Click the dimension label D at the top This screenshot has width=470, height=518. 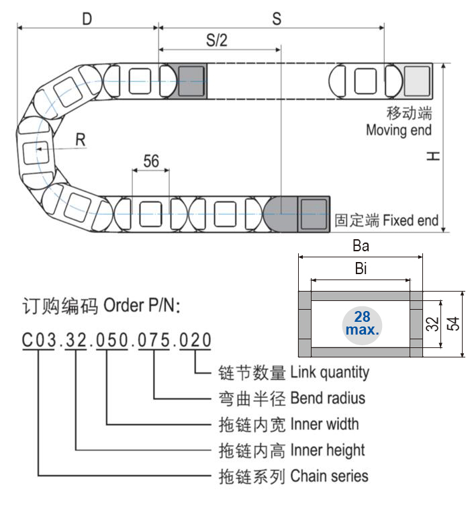coord(87,19)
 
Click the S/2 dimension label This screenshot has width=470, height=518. coord(216,40)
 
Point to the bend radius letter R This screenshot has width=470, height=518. coord(81,140)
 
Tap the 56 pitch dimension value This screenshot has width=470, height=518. coord(151,161)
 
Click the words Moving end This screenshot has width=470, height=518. coord(398,130)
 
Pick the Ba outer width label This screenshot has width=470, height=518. coord(361,246)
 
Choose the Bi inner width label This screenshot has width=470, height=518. coord(361,270)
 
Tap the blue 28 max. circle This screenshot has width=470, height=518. coord(362,324)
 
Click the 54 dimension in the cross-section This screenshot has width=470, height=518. coord(453,324)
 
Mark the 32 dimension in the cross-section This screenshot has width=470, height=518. coord(431,324)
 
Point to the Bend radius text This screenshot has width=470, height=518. coord(328,398)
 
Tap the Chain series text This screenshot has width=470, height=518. coord(329,476)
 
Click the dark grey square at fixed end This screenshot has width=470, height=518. coord(311,214)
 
